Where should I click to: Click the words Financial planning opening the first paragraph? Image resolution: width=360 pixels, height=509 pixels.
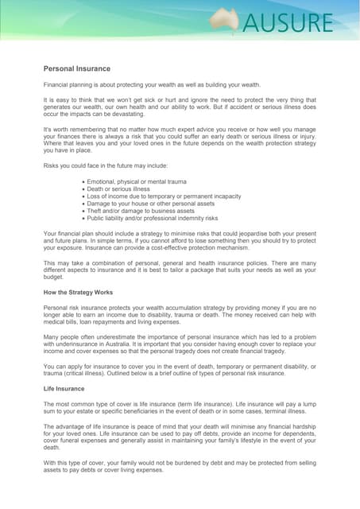[71, 84]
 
